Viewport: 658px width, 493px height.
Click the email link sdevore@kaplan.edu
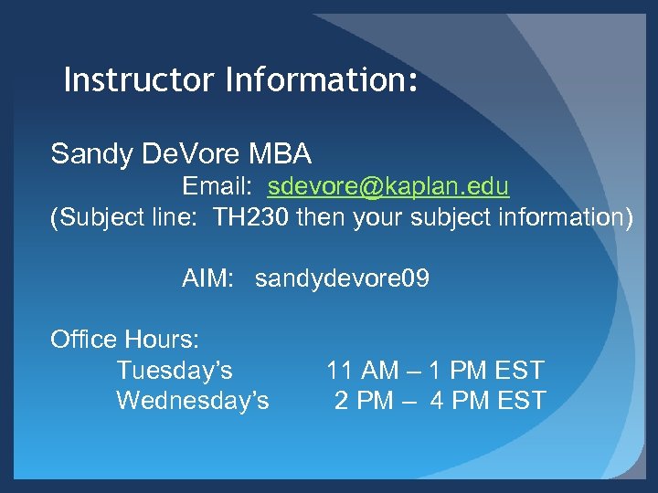[x=388, y=187]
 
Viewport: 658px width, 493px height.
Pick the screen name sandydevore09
[x=342, y=278]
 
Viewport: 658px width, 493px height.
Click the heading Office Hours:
[x=124, y=340]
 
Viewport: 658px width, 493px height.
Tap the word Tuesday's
[x=174, y=371]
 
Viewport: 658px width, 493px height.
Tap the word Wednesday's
[x=192, y=400]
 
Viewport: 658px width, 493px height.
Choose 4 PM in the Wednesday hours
[x=457, y=400]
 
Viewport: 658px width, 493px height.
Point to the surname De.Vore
[x=183, y=153]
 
